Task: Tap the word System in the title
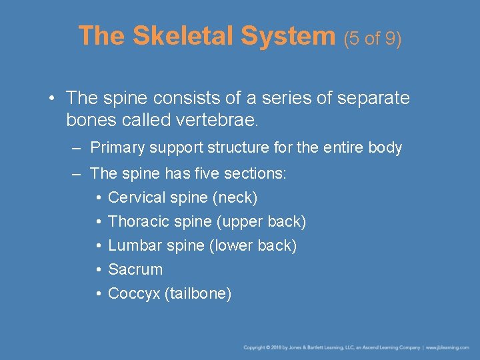tap(289, 36)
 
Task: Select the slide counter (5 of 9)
tap(373, 39)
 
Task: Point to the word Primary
tap(116, 147)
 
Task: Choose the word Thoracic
tap(137, 221)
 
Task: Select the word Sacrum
tap(135, 269)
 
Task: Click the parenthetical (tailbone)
tap(198, 293)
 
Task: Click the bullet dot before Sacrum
tap(98, 270)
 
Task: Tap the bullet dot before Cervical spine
tap(98, 198)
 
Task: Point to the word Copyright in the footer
tap(254, 347)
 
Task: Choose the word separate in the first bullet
tap(374, 98)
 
